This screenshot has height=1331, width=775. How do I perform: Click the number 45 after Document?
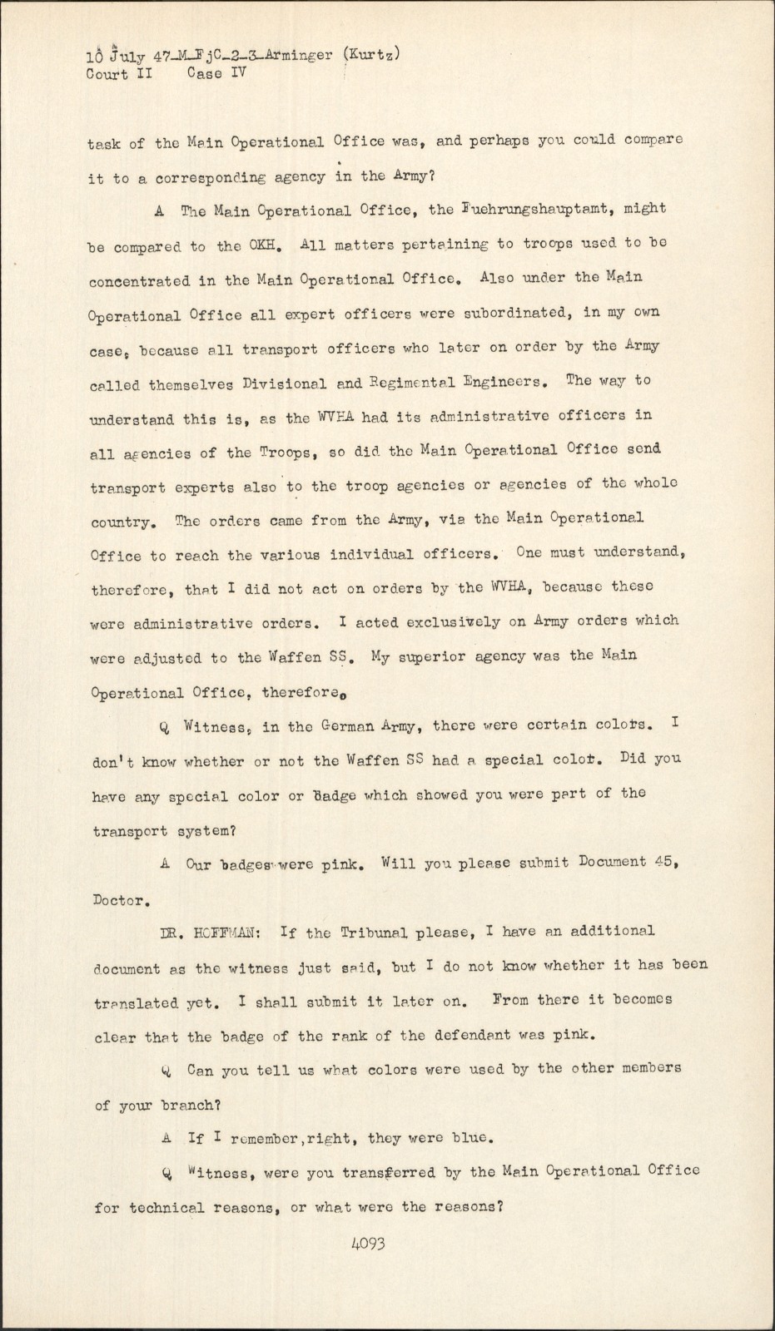(x=664, y=862)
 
